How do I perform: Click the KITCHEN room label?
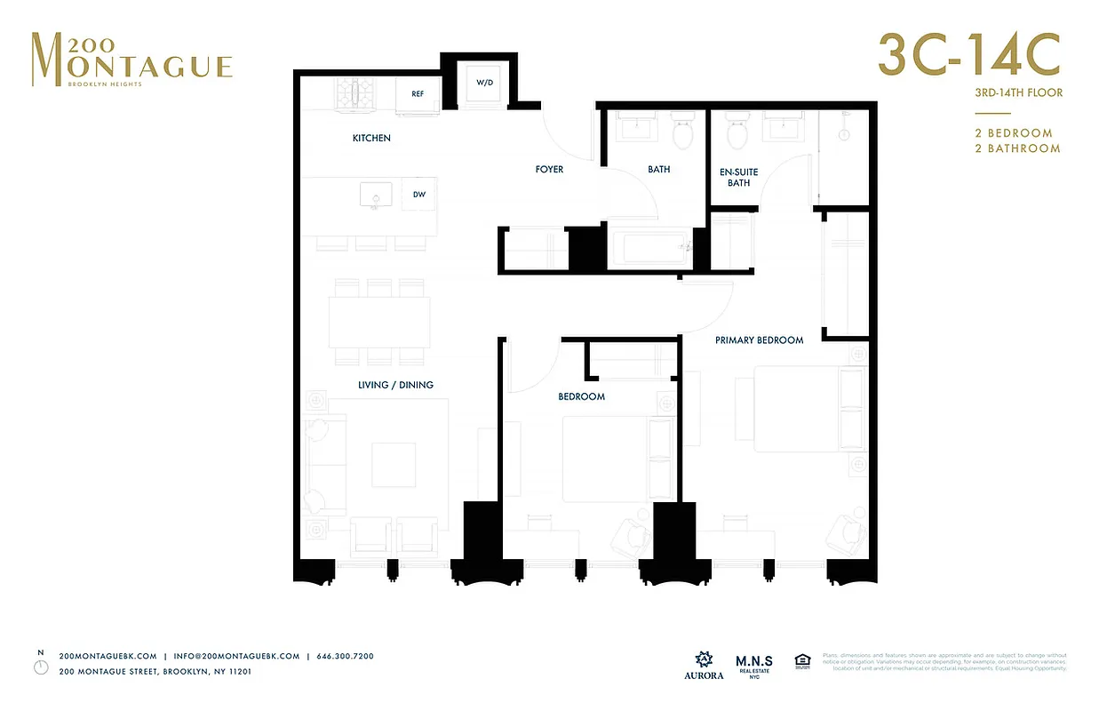coord(371,138)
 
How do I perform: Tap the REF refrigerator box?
coord(417,94)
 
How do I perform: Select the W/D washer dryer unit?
coord(484,84)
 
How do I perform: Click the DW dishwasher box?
coord(418,194)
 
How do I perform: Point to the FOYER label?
coord(549,169)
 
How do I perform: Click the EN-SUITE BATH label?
coord(738,177)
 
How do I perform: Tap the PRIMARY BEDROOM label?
coord(760,340)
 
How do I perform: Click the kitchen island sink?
coord(377,195)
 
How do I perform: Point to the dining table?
coord(379,322)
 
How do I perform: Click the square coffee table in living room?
coord(393,465)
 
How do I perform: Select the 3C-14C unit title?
coord(968,54)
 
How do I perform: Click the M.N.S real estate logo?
coord(754,666)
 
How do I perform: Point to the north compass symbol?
coord(40,666)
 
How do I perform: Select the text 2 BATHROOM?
coord(1017,148)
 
